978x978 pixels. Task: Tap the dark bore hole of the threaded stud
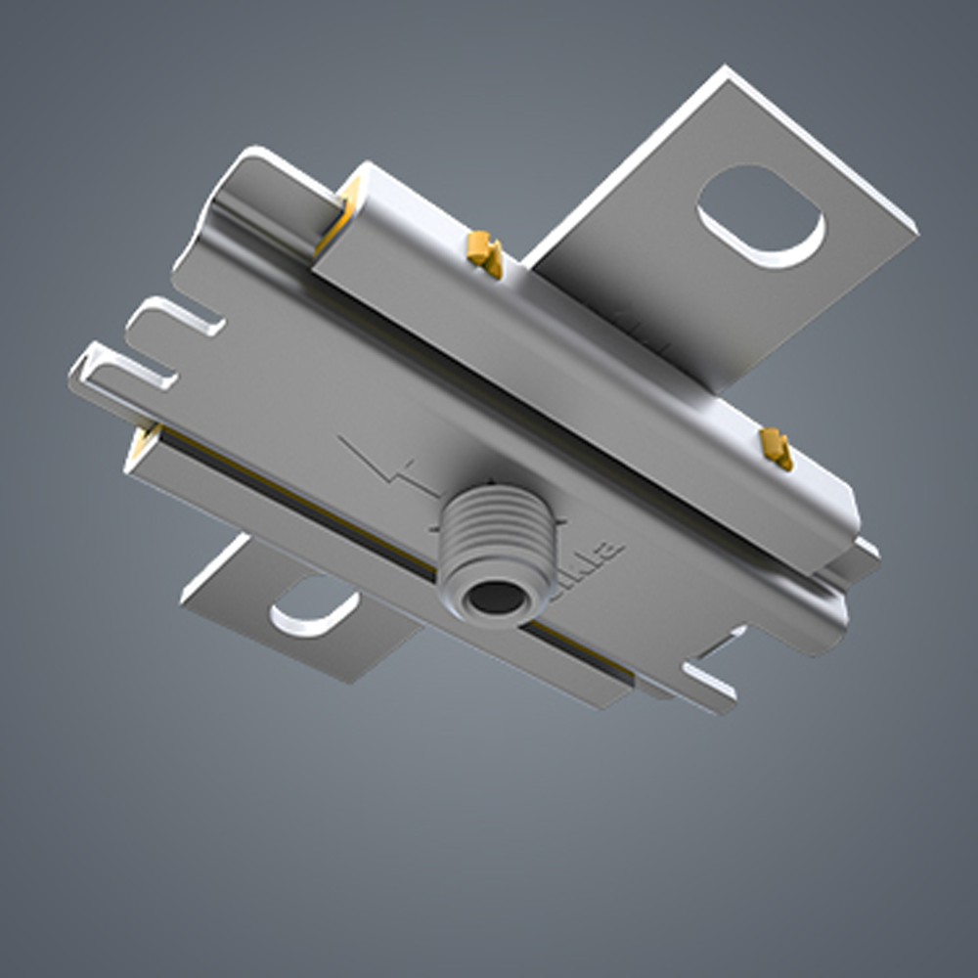(495, 598)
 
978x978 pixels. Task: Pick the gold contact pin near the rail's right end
(776, 448)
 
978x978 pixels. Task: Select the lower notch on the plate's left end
(142, 370)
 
